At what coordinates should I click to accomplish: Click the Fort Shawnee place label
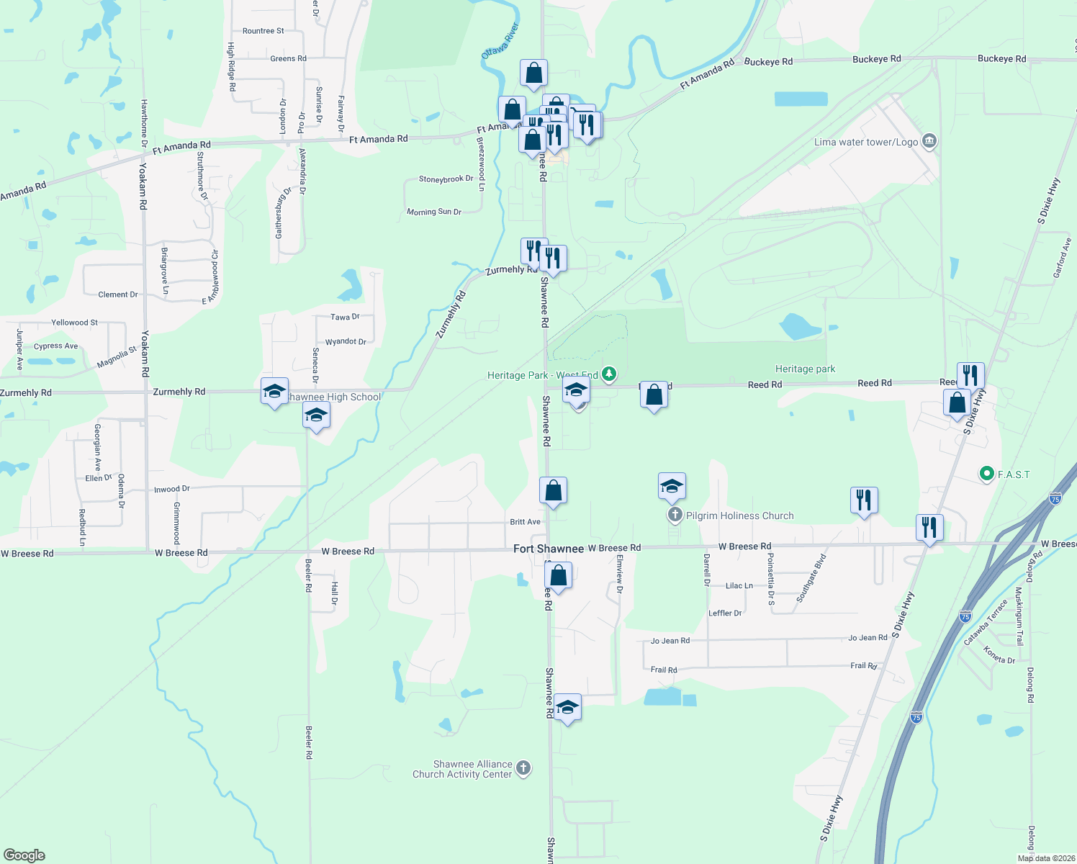click(549, 549)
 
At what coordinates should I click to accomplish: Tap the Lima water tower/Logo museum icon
click(929, 140)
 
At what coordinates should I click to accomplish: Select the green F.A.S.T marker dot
click(986, 474)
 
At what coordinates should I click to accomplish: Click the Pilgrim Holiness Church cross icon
click(675, 515)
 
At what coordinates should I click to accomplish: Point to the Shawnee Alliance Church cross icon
click(523, 768)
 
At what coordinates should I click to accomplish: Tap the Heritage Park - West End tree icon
click(609, 373)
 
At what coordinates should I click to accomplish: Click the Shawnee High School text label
click(334, 397)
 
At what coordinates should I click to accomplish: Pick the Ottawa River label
click(500, 41)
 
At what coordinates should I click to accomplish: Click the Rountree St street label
click(263, 31)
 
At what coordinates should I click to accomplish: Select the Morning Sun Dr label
click(433, 212)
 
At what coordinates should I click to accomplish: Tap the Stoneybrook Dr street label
click(446, 179)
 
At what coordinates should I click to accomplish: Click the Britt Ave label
click(525, 522)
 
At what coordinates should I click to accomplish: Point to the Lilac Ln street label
click(739, 585)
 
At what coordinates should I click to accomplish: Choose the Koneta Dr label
click(999, 655)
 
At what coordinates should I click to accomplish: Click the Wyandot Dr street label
click(346, 341)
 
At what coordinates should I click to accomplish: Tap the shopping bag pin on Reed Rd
click(654, 395)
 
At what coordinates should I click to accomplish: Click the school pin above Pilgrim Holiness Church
click(672, 487)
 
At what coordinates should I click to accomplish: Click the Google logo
click(24, 855)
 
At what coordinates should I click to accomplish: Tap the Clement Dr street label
click(118, 294)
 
